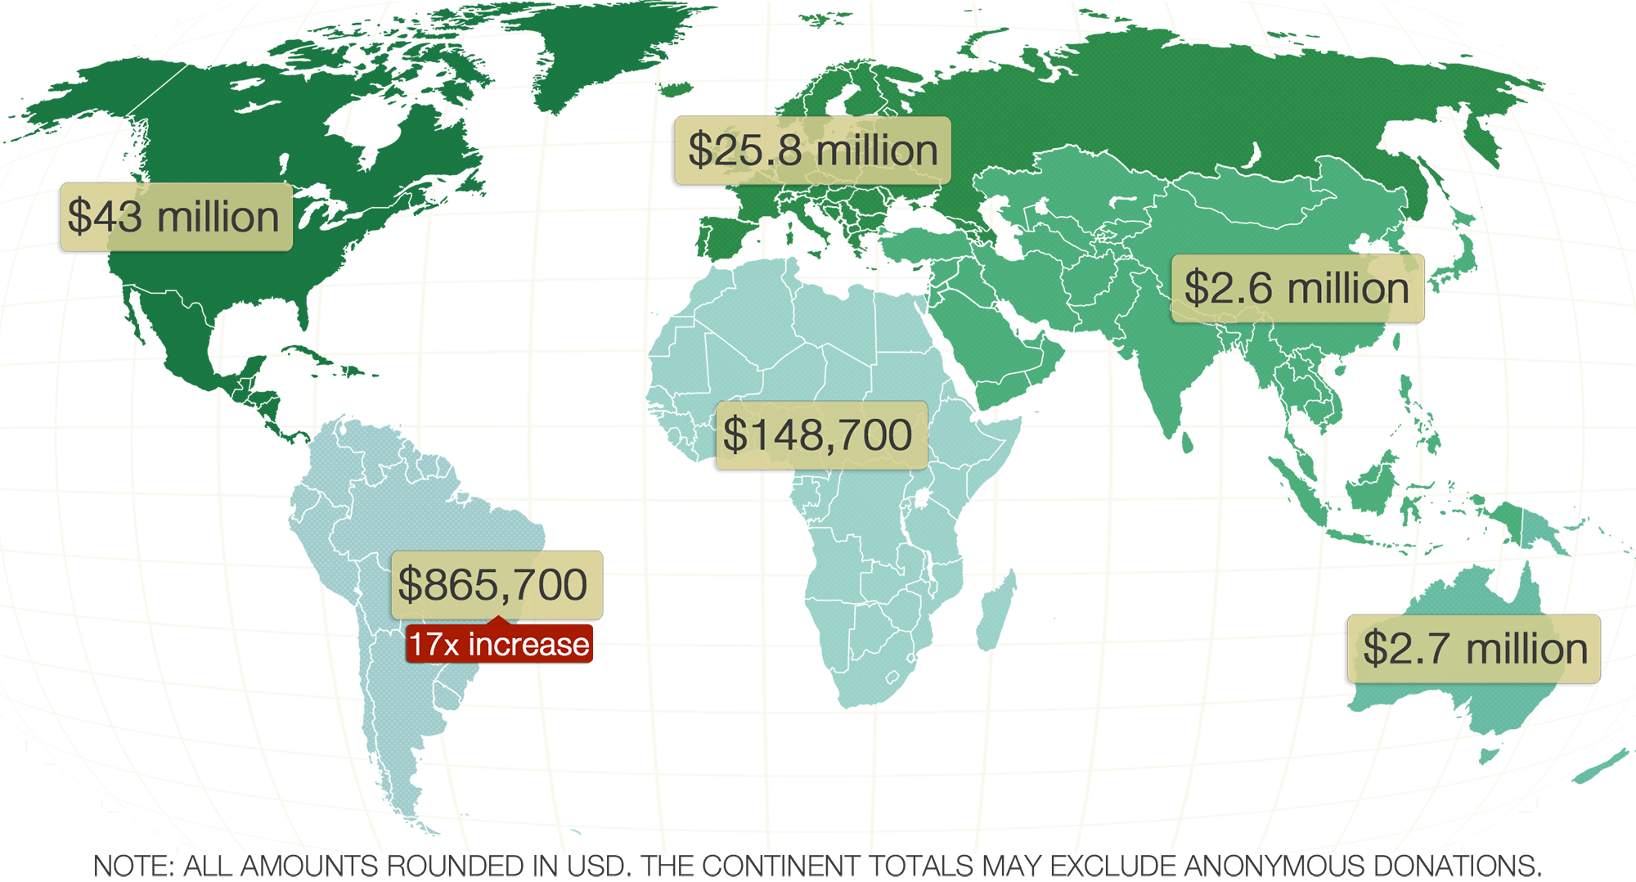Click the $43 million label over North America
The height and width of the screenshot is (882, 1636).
pyautogui.click(x=175, y=217)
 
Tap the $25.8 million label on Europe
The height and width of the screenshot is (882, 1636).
pyautogui.click(x=811, y=151)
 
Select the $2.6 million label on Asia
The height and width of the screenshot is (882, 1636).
pyautogui.click(x=1297, y=289)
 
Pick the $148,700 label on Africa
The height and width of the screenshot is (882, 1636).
pyautogui.click(x=820, y=434)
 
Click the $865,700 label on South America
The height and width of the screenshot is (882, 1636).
pyautogui.click(x=496, y=585)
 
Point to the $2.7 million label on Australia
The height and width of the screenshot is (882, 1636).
pyautogui.click(x=1472, y=649)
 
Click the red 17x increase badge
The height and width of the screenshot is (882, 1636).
pyautogui.click(x=499, y=645)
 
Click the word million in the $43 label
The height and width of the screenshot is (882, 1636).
pyautogui.click(x=218, y=218)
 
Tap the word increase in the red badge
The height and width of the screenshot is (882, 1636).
pyautogui.click(x=528, y=645)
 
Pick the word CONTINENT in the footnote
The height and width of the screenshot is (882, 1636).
pyautogui.click(x=780, y=866)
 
